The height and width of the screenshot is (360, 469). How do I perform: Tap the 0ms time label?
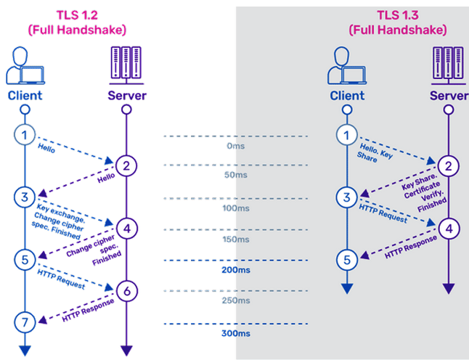click(x=234, y=146)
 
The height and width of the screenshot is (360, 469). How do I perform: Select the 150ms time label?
click(x=234, y=240)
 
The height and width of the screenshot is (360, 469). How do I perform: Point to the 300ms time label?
click(x=234, y=333)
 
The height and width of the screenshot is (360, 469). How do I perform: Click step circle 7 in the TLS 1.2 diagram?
click(x=25, y=320)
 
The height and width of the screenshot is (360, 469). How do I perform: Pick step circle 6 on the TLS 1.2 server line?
click(x=126, y=290)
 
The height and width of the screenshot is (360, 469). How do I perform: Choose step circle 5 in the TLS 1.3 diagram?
click(x=347, y=258)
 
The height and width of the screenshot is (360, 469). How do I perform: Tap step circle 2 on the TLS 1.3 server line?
click(x=448, y=165)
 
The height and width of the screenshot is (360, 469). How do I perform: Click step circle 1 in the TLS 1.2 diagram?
click(x=25, y=134)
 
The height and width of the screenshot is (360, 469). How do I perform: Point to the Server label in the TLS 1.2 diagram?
click(x=126, y=95)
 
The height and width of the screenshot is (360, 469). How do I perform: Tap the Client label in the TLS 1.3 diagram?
click(x=347, y=95)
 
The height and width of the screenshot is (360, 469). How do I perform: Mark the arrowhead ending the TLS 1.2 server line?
click(x=126, y=351)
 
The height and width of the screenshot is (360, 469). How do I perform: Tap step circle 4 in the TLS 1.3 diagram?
click(x=448, y=227)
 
